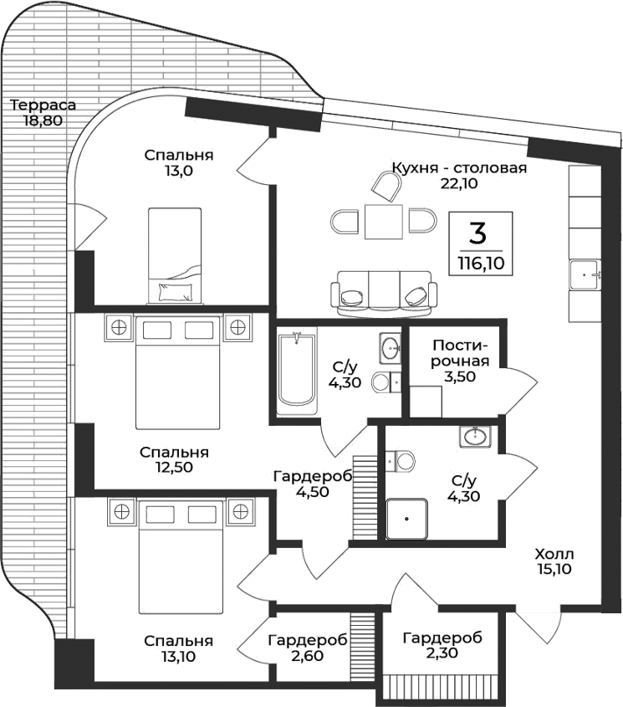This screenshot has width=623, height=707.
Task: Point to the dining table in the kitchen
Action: tap(384, 222)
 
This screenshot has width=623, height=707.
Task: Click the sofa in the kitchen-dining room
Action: tap(384, 294)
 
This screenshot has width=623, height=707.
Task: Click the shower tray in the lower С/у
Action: tap(406, 519)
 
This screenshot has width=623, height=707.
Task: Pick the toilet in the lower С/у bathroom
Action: tap(402, 460)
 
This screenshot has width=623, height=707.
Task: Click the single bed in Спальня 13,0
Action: tap(175, 255)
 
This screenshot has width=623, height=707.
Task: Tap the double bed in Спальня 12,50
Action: tap(178, 373)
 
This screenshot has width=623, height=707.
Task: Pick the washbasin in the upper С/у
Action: tap(390, 346)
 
